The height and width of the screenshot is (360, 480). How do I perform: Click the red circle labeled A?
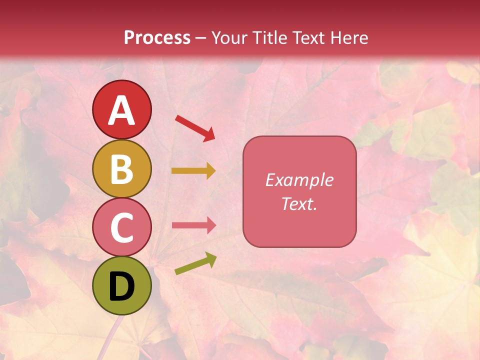pyautogui.click(x=122, y=109)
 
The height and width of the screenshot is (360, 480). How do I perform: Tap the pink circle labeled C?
pyautogui.click(x=122, y=227)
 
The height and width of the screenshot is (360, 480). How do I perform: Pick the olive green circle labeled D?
pyautogui.click(x=122, y=286)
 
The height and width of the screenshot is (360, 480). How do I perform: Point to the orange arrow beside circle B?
pyautogui.click(x=193, y=171)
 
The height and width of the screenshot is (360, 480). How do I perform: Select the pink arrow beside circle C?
pyautogui.click(x=193, y=225)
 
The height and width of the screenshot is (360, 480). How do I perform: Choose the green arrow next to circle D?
pyautogui.click(x=195, y=263)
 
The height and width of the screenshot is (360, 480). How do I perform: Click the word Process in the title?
pyautogui.click(x=157, y=37)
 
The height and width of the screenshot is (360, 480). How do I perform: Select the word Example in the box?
pyautogui.click(x=299, y=180)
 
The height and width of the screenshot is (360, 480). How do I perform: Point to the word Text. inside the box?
pyautogui.click(x=299, y=203)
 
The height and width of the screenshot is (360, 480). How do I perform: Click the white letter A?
pyautogui.click(x=122, y=110)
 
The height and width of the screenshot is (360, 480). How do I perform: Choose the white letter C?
pyautogui.click(x=122, y=228)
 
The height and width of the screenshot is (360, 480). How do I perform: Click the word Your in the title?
pyautogui.click(x=229, y=37)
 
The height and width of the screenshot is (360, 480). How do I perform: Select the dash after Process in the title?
pyautogui.click(x=200, y=38)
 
